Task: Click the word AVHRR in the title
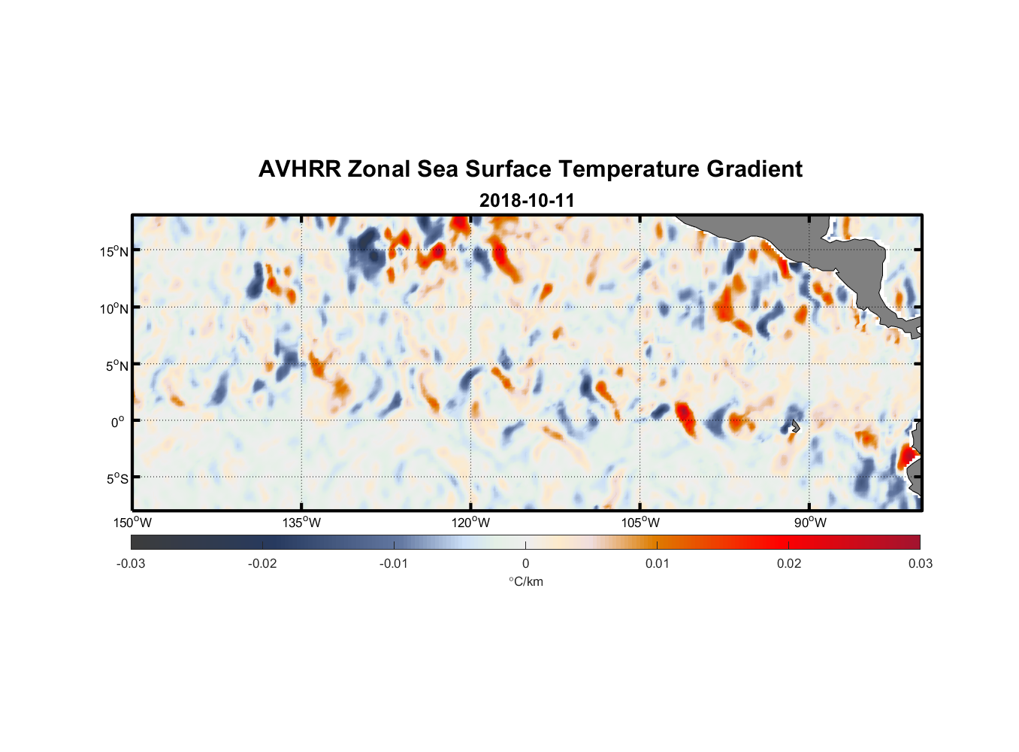pyautogui.click(x=299, y=169)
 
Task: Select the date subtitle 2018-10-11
pyautogui.click(x=527, y=201)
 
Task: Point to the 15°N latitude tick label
pyautogui.click(x=114, y=251)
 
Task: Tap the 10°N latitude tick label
pyautogui.click(x=114, y=308)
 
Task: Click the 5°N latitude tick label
pyautogui.click(x=116, y=365)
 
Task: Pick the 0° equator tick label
pyautogui.click(x=118, y=422)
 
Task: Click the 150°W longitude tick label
pyautogui.click(x=133, y=523)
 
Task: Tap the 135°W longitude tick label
pyautogui.click(x=302, y=523)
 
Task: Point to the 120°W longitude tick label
pyautogui.click(x=471, y=523)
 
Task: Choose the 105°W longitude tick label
pyautogui.click(x=640, y=523)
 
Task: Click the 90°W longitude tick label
pyautogui.click(x=809, y=523)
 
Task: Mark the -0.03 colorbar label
pyautogui.click(x=131, y=563)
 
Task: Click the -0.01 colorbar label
pyautogui.click(x=394, y=563)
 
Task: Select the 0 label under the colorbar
pyautogui.click(x=525, y=563)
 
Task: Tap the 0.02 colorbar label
pyautogui.click(x=789, y=563)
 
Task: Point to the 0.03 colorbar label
pyautogui.click(x=920, y=563)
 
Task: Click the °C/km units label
pyautogui.click(x=525, y=581)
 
